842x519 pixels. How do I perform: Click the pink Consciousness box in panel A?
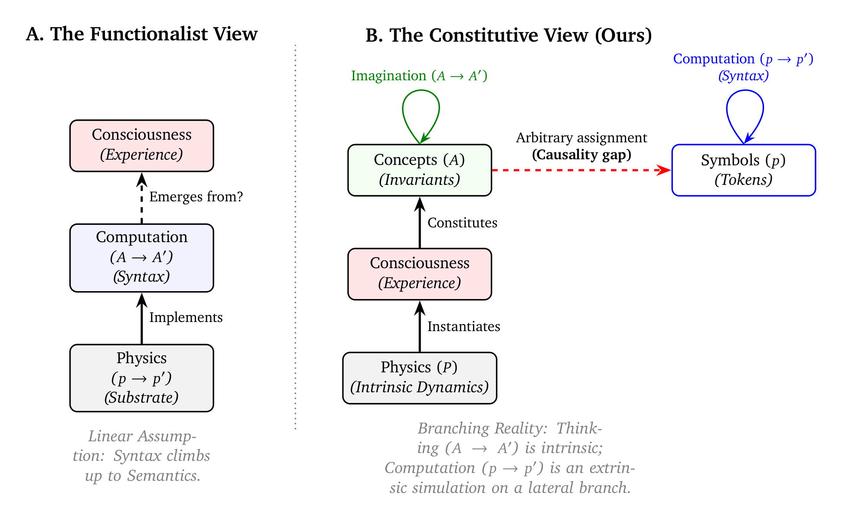(141, 145)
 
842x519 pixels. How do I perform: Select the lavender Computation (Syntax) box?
(141, 257)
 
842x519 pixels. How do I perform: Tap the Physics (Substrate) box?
(141, 378)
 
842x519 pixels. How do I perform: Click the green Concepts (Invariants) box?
(419, 170)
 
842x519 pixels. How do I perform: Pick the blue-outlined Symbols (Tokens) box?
(743, 170)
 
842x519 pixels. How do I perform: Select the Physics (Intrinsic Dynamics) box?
(419, 378)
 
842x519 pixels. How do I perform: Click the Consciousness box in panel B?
(419, 273)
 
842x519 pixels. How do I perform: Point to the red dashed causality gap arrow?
(581, 170)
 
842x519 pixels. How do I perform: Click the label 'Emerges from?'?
(196, 197)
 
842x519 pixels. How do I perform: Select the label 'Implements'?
(186, 317)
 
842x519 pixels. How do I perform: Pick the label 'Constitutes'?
(462, 223)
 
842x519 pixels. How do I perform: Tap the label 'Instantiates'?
(463, 326)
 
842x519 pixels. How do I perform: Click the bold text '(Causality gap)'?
(581, 154)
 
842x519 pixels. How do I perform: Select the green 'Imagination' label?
(389, 76)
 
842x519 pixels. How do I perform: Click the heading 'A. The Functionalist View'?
(141, 34)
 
